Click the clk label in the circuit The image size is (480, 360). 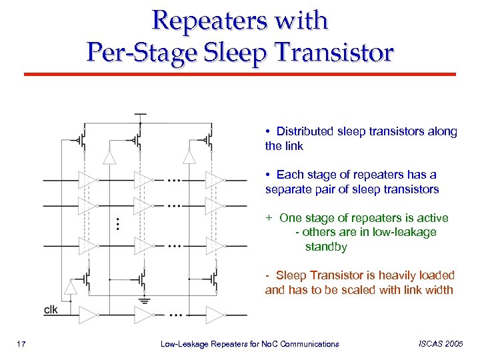[x=51, y=310]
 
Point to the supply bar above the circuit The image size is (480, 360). [x=140, y=115]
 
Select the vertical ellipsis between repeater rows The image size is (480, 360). [x=119, y=223]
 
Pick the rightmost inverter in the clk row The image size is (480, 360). [x=215, y=315]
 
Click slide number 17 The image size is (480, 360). [x=21, y=344]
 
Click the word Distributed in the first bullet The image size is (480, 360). [x=309, y=131]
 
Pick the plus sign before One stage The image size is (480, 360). [x=269, y=218]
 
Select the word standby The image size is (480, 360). [x=326, y=247]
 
